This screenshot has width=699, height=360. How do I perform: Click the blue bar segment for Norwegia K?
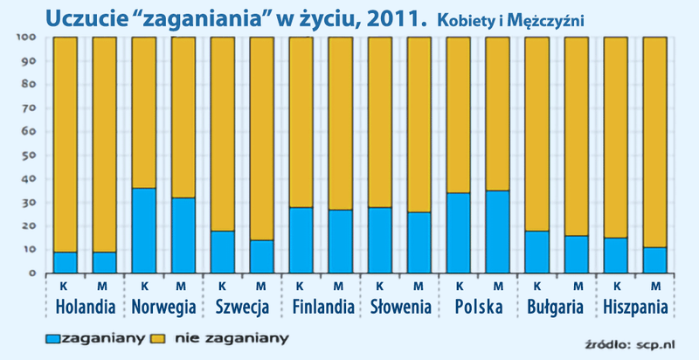(x=144, y=231)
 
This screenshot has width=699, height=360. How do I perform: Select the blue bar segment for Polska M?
(x=498, y=232)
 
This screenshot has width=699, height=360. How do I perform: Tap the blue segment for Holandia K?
(x=66, y=262)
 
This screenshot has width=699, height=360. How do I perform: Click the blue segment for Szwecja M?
(x=262, y=256)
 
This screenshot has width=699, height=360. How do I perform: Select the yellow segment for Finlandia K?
(x=301, y=121)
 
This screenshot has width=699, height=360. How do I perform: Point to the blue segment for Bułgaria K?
(x=537, y=252)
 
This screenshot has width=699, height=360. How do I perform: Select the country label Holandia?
(x=85, y=308)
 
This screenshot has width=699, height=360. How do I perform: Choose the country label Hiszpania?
(x=635, y=308)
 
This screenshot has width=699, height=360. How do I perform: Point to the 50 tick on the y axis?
(x=24, y=156)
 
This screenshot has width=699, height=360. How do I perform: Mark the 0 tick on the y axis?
(x=29, y=273)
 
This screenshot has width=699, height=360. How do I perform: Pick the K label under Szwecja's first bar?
(x=223, y=286)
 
